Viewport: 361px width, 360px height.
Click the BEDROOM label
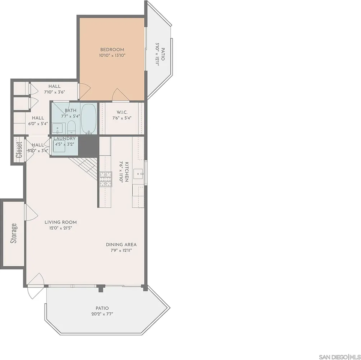[x=112, y=49]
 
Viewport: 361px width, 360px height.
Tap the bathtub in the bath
[x=88, y=118]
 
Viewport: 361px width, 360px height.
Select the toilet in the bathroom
[x=72, y=127]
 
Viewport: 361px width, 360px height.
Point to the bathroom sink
[x=58, y=128]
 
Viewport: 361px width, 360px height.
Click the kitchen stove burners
[x=105, y=179]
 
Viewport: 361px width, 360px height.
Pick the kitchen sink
[x=138, y=174]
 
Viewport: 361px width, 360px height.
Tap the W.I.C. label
[x=122, y=112]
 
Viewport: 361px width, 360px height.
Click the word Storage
[x=14, y=233]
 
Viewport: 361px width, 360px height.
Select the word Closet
[x=19, y=149]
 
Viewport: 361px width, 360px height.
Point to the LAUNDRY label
[x=64, y=138]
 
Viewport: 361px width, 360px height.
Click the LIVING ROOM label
[x=60, y=222]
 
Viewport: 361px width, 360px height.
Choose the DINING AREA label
[x=121, y=244]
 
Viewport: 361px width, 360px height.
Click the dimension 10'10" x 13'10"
[x=112, y=55]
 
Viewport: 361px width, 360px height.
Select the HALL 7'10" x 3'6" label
[x=54, y=89]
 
